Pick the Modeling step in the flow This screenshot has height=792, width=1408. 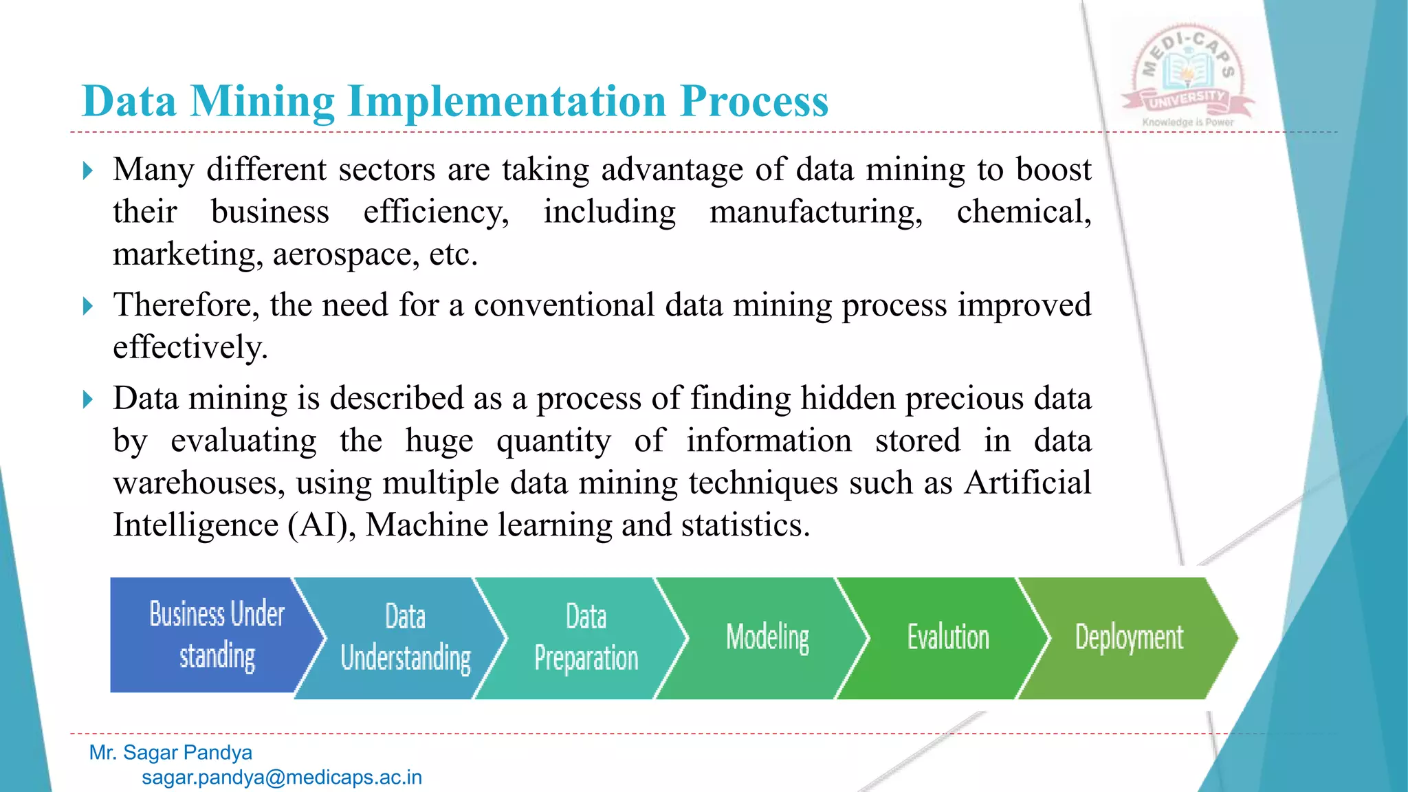pyautogui.click(x=767, y=638)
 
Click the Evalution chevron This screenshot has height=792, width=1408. pyautogui.click(x=948, y=638)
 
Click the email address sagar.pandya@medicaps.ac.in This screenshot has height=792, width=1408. pyautogui.click(x=282, y=778)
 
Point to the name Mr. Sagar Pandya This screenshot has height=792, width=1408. pyautogui.click(x=170, y=753)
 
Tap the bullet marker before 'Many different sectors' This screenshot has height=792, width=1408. pyautogui.click(x=87, y=170)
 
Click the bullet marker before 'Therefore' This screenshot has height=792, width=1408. pyautogui.click(x=87, y=306)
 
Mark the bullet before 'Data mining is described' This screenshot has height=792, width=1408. pyautogui.click(x=87, y=399)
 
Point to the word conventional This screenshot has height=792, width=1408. pyautogui.click(x=564, y=305)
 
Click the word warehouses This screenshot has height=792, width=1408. pyautogui.click(x=199, y=483)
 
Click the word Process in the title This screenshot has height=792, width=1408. pyautogui.click(x=754, y=101)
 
